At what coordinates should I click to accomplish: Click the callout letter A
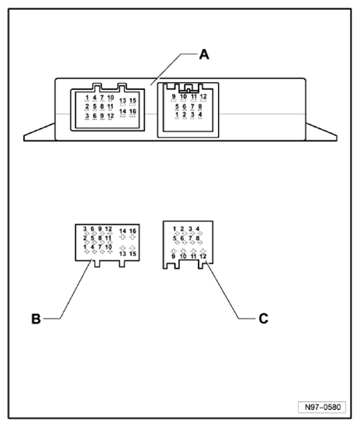204,54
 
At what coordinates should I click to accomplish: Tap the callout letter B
36,318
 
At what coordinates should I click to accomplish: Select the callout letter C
263,318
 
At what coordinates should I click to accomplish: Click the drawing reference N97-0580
323,407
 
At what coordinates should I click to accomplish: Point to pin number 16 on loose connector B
133,231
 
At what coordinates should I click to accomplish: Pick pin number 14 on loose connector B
123,231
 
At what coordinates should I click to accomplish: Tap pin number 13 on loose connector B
123,254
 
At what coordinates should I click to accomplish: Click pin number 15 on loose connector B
133,254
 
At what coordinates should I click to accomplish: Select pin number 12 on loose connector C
203,256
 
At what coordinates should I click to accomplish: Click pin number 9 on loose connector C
173,256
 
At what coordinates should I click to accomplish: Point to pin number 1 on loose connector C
175,229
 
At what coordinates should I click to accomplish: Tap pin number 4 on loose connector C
198,229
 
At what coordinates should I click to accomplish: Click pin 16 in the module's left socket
133,111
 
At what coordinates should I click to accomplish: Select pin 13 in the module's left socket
123,100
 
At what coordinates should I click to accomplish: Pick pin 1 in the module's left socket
87,97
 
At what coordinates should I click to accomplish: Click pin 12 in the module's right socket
203,96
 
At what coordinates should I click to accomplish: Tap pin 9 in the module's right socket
174,96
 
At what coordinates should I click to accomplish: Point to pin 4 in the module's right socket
200,114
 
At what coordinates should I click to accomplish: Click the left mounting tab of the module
40,133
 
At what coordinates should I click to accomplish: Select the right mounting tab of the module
321,133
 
